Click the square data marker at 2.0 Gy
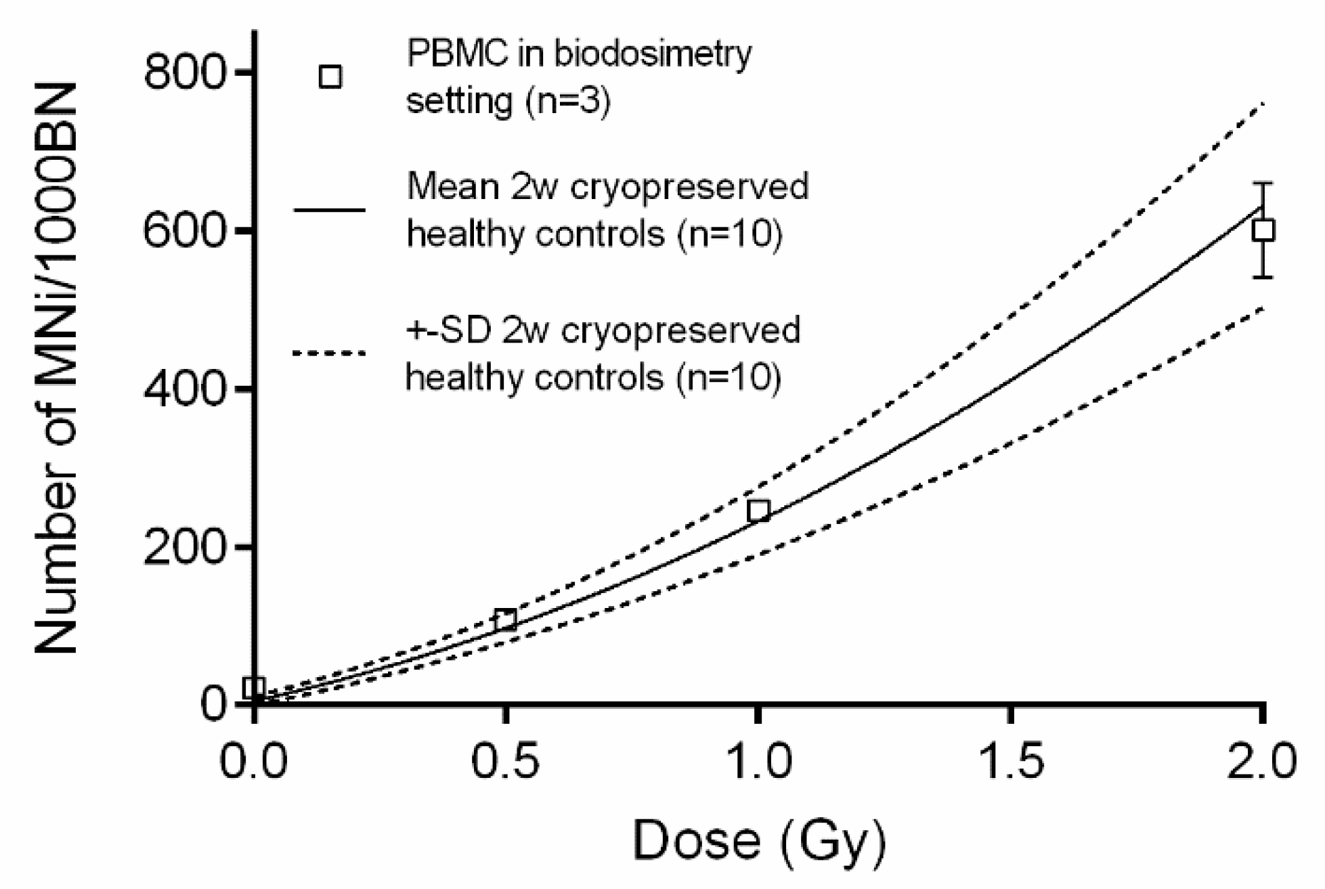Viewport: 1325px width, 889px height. (1263, 231)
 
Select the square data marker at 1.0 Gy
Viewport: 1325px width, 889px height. (759, 511)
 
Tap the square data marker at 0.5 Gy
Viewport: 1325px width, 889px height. (505, 620)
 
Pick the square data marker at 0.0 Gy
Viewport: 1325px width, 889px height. (253, 688)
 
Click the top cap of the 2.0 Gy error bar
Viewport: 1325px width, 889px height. (1263, 183)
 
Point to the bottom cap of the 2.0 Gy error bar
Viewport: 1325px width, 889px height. (1263, 277)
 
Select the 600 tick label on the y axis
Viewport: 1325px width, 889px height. (183, 231)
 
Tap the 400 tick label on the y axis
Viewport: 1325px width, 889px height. (183, 389)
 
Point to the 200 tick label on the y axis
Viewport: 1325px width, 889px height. (183, 547)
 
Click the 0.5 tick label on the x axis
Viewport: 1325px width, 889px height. (505, 761)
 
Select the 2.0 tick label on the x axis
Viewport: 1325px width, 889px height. (1261, 761)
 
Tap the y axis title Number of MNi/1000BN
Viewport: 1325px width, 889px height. (57, 369)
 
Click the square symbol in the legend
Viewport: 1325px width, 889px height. (330, 77)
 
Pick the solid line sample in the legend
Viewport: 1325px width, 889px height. (329, 210)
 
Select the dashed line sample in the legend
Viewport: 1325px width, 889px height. (329, 353)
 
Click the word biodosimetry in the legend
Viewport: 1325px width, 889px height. (653, 54)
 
